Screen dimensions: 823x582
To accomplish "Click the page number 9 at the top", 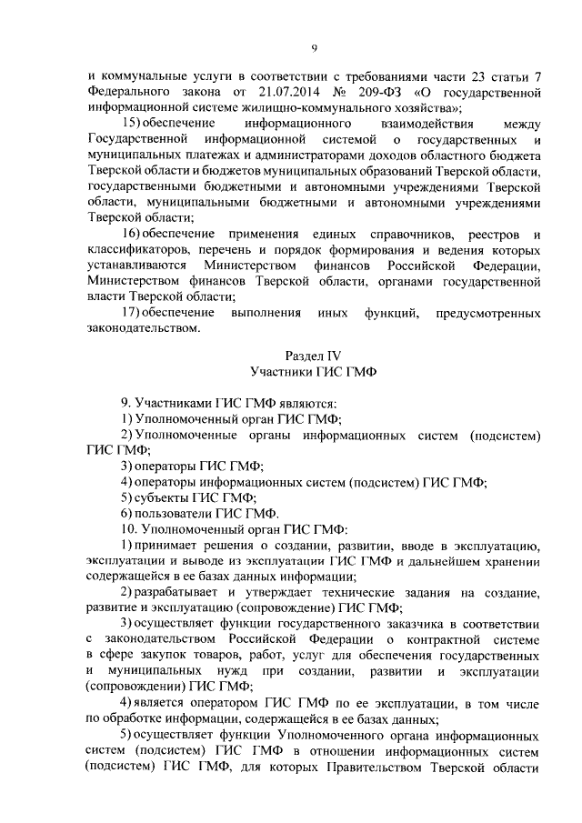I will (313, 48).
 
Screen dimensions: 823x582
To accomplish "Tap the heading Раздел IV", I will (312, 356).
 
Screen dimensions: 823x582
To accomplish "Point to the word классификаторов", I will (140, 250).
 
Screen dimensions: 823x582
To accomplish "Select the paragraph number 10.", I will (128, 528).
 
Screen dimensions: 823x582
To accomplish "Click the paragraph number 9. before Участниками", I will (126, 402).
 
